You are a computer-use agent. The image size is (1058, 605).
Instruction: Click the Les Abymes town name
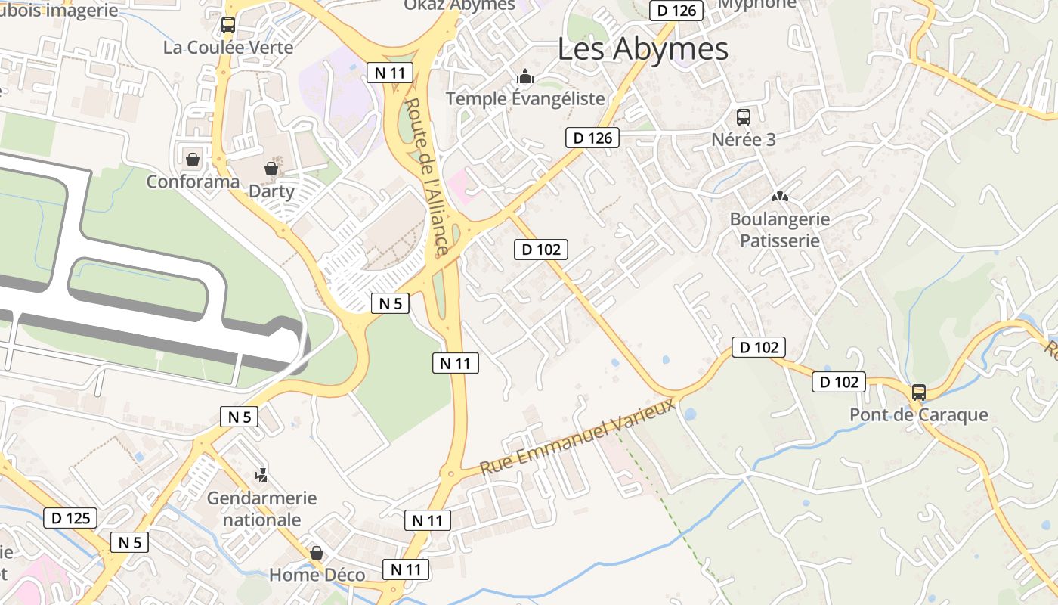click(643, 49)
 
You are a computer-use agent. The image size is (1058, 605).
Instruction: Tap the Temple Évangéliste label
click(525, 99)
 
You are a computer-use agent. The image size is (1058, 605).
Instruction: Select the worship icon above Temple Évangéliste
click(525, 76)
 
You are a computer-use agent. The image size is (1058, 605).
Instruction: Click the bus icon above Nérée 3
click(744, 117)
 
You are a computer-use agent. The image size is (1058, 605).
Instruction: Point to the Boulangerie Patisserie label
click(779, 230)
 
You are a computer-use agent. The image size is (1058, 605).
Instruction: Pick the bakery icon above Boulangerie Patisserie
click(779, 197)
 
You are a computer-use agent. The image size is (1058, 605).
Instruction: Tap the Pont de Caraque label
click(919, 414)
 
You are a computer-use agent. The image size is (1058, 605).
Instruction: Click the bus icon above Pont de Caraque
click(919, 392)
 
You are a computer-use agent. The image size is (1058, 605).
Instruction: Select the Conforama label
click(193, 182)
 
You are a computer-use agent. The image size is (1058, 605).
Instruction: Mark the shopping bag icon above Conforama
click(193, 160)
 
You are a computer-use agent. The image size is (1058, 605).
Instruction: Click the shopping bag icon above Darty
click(271, 169)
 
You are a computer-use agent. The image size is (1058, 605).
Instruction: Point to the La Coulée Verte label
click(228, 48)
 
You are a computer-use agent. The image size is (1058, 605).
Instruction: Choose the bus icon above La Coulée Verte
click(228, 25)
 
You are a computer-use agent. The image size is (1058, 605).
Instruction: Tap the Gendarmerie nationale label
click(262, 509)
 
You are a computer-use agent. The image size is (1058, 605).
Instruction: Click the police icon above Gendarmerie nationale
click(261, 476)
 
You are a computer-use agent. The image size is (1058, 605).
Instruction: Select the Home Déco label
click(317, 575)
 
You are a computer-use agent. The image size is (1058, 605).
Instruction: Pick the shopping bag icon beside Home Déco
click(317, 553)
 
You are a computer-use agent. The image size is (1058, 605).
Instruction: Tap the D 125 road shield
click(70, 518)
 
